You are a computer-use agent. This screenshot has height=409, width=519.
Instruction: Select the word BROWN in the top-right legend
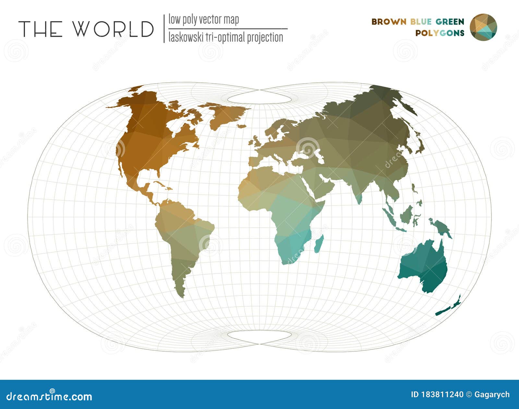pyautogui.click(x=389, y=22)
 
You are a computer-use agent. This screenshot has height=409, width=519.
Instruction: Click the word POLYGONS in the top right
pyautogui.click(x=440, y=33)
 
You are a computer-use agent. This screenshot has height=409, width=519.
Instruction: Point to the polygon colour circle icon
pyautogui.click(x=483, y=27)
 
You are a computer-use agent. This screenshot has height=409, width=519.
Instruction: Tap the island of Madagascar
pyautogui.click(x=319, y=244)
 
